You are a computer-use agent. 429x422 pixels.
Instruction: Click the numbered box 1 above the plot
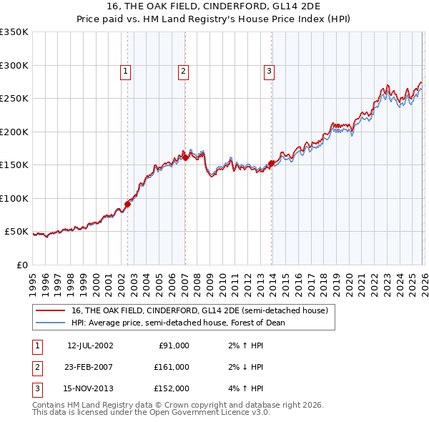tap(125, 71)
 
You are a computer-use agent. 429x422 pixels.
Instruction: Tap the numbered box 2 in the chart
tap(183, 71)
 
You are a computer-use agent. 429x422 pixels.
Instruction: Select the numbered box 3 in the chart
tap(269, 71)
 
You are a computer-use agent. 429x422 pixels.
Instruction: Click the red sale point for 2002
tap(128, 204)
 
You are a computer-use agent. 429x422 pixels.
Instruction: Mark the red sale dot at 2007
tap(185, 157)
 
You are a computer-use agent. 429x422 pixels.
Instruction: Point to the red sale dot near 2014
tap(272, 163)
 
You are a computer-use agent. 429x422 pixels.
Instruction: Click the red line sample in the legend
tap(51, 311)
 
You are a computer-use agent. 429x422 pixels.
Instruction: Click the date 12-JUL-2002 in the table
tap(90, 345)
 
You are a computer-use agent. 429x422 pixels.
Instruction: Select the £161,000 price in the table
tap(172, 367)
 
